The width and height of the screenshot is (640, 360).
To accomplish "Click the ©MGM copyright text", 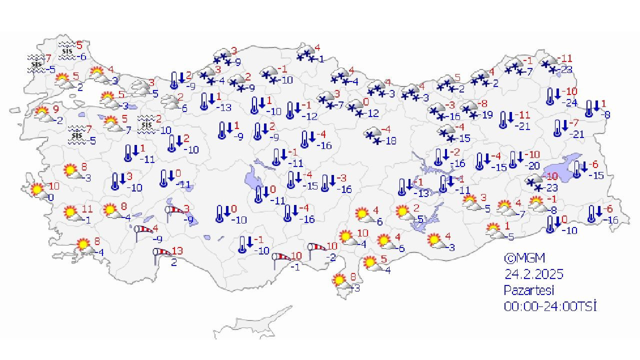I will click(524, 258).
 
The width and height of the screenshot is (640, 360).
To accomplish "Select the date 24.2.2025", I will click(534, 274).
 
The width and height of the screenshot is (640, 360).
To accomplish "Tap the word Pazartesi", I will click(529, 290).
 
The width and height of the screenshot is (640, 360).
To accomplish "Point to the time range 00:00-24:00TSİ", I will click(550, 306).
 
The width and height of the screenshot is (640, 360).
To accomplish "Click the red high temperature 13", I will click(177, 250).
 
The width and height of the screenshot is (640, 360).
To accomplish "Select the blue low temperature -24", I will click(569, 103).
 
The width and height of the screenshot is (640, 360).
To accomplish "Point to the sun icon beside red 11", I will click(72, 213).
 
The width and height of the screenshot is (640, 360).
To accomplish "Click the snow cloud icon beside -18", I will click(372, 136).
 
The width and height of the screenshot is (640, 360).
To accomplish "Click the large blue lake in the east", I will click(560, 168).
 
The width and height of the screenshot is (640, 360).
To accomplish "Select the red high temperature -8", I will click(482, 104).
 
